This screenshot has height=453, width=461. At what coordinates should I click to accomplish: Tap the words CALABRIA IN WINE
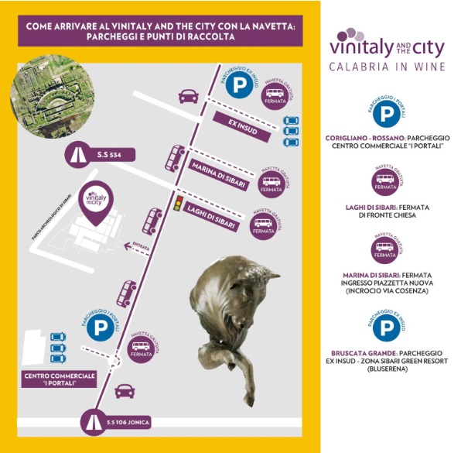(387, 67)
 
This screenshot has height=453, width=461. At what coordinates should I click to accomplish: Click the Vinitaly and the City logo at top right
(387, 44)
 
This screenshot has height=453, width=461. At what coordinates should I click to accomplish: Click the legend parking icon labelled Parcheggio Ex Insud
(385, 327)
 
